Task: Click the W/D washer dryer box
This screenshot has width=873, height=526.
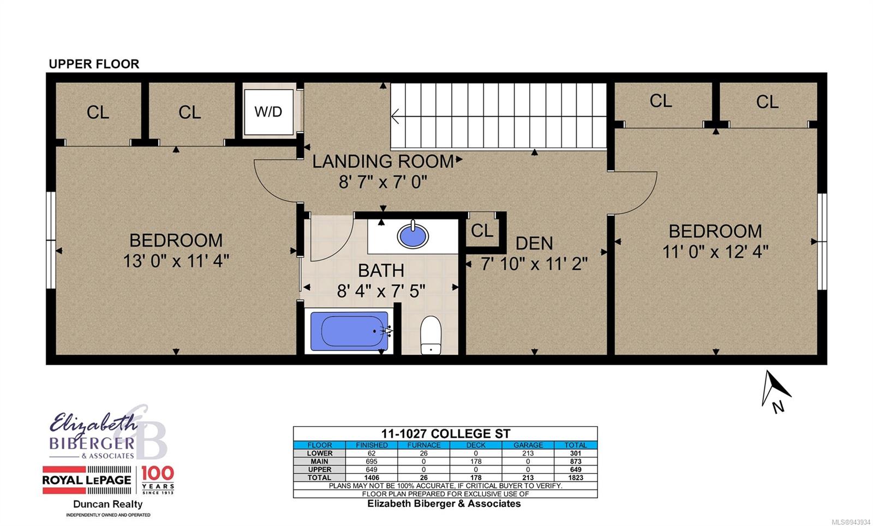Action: point(268,112)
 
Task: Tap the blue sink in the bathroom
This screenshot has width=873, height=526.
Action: point(412,235)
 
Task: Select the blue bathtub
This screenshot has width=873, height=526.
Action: point(349,330)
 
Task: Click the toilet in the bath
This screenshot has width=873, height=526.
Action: point(430,335)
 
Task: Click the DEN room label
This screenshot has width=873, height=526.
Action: point(534,244)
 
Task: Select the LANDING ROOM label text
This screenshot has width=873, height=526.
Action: point(383,161)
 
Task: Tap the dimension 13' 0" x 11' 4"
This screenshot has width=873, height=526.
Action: point(176,261)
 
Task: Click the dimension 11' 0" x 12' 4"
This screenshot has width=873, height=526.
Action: point(715,252)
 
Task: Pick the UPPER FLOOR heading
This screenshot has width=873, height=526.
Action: point(94,64)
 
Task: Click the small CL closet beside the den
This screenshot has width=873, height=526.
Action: point(482,231)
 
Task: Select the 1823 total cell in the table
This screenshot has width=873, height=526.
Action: point(575,477)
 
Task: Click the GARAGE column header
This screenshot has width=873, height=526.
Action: point(528,445)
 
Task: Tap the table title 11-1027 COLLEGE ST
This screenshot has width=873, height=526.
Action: point(445,434)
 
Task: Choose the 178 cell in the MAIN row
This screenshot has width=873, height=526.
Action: point(476,461)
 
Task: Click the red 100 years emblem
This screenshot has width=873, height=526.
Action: point(158,480)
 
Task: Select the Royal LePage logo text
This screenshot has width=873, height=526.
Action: point(87,480)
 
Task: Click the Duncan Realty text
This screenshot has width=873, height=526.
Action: point(108,504)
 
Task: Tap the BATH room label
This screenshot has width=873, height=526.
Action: point(381,270)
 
